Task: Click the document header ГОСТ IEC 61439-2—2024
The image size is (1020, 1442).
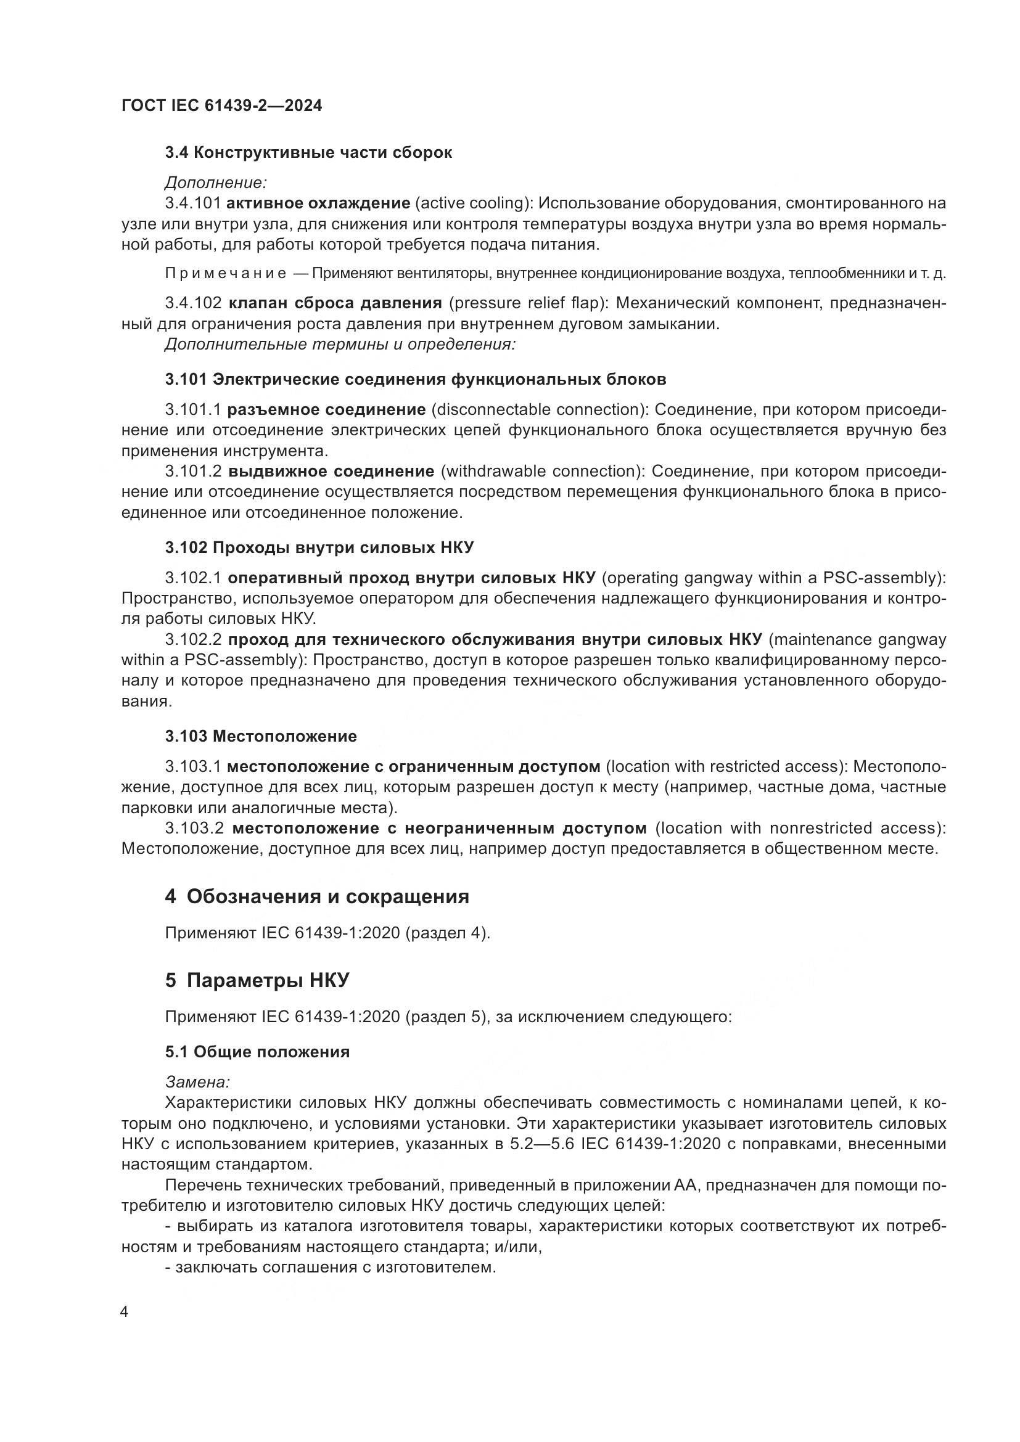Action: point(221,106)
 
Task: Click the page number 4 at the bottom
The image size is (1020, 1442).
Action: point(124,1312)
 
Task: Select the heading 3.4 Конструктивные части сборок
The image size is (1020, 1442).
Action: point(308,153)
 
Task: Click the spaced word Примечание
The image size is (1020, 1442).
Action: point(226,273)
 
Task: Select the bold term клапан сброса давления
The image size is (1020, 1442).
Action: point(335,303)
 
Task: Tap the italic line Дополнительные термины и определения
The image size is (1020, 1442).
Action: point(340,344)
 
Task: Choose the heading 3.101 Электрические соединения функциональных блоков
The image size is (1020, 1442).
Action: point(415,379)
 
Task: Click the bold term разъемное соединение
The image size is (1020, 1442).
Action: point(326,409)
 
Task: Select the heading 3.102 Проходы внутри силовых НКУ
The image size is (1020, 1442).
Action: point(319,547)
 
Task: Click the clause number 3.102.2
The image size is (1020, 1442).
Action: point(194,639)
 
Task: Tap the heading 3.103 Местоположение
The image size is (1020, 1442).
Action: point(261,736)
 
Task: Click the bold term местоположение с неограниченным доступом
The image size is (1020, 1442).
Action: point(440,828)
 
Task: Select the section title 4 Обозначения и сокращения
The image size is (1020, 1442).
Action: point(317,897)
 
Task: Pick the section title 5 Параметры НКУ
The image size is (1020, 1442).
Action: point(257,980)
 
